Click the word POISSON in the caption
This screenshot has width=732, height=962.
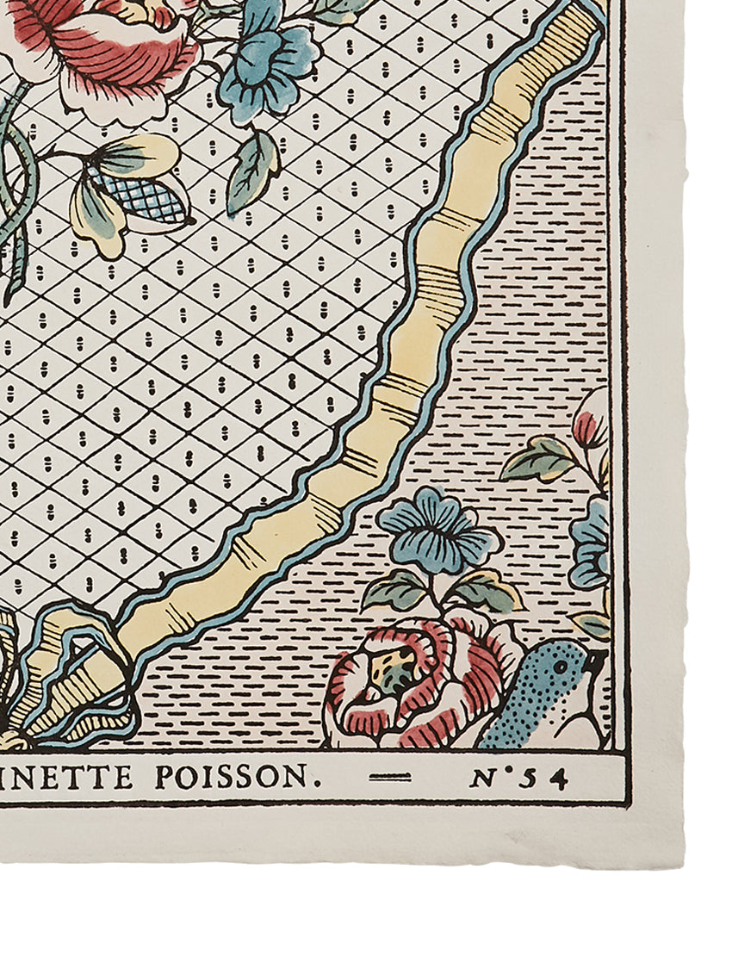click(230, 778)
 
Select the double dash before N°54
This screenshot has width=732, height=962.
click(390, 778)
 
